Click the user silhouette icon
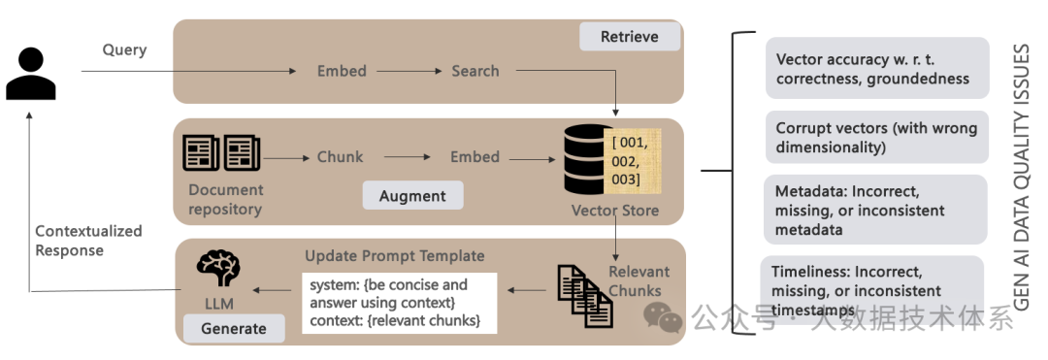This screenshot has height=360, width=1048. (31, 74)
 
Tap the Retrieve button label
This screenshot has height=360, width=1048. (630, 37)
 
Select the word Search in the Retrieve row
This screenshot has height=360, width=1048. (475, 71)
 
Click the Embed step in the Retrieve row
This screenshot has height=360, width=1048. (342, 71)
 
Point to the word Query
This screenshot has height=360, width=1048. (124, 50)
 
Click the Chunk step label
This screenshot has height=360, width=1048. (341, 157)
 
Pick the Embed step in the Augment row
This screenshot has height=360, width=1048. (475, 157)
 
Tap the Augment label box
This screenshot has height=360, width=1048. (413, 196)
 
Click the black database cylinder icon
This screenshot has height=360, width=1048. (588, 159)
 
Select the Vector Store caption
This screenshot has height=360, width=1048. (615, 212)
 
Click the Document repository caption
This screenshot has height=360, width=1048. (225, 199)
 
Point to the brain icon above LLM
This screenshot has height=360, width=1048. (218, 269)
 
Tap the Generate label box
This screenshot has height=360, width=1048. (234, 329)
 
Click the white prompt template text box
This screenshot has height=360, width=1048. (400, 303)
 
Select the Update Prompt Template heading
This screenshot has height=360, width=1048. (394, 256)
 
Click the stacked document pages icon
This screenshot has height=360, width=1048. (585, 296)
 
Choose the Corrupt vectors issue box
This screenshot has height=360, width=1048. (877, 137)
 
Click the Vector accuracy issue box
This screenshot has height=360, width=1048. (877, 68)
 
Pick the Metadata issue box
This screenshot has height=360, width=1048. (875, 210)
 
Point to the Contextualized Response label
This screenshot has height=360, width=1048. (88, 241)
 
